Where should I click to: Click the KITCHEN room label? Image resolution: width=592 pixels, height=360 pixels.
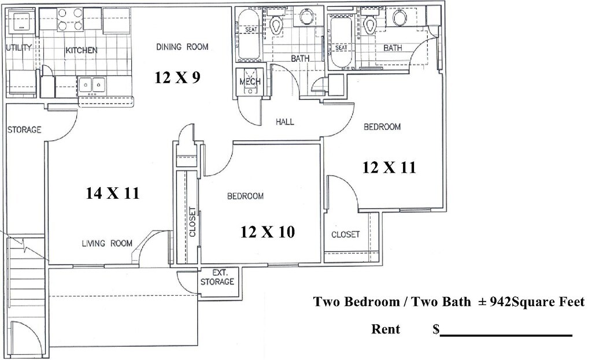(81, 50)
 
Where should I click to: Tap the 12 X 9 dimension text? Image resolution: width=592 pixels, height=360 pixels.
(177, 77)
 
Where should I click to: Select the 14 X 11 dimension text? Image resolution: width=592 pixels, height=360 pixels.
(113, 194)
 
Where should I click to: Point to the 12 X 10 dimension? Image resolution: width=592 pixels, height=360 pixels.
(268, 232)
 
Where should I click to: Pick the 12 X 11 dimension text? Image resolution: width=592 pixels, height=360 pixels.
(389, 168)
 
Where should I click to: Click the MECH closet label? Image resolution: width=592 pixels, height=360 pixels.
(250, 81)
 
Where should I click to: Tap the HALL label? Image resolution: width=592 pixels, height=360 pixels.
(284, 122)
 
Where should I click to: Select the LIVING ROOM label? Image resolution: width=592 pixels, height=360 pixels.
(106, 243)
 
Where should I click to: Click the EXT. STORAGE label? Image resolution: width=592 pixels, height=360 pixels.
(217, 277)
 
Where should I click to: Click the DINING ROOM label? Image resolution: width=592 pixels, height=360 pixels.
(182, 46)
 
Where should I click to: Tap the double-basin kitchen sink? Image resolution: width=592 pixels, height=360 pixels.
(91, 86)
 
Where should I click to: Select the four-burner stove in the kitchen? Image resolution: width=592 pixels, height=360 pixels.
(69, 19)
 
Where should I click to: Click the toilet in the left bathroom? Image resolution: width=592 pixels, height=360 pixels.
(276, 23)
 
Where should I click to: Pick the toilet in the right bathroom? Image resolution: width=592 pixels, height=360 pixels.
(371, 23)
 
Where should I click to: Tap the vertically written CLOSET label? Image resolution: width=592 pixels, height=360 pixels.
(193, 222)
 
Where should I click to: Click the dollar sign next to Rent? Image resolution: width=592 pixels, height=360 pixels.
(436, 329)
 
